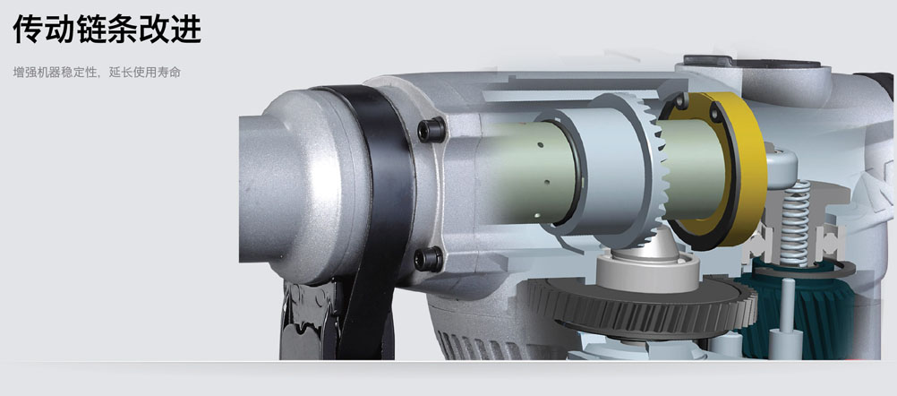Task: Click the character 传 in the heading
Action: tap(28, 30)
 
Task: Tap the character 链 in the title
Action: tap(91, 30)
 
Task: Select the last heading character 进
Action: tap(186, 30)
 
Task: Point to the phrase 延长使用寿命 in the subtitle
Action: tap(145, 73)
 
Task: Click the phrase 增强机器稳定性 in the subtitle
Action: tap(54, 73)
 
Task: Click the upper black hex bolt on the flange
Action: tap(431, 130)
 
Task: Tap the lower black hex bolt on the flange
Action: tap(429, 259)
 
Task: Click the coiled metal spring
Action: tap(795, 222)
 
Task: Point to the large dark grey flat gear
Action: tap(641, 304)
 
